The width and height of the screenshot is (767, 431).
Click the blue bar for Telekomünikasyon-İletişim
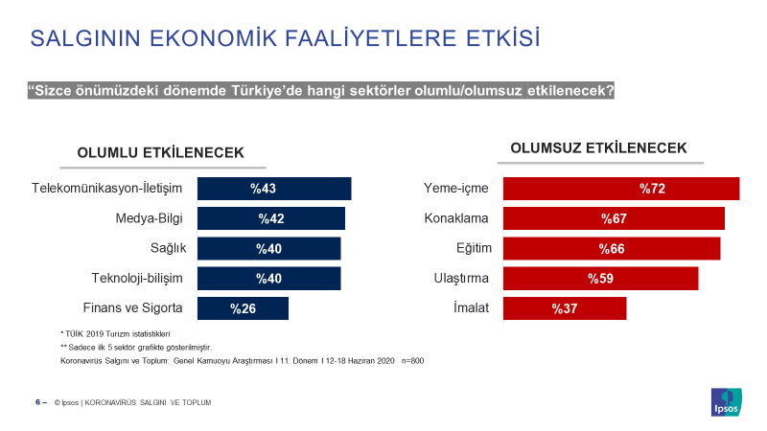[x=274, y=189]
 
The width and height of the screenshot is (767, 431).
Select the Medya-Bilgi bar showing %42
[x=271, y=218]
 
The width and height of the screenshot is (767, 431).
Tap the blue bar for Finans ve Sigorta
[x=244, y=308]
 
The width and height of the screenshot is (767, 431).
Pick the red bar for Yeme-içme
[x=621, y=189]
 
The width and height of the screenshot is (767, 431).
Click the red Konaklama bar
[x=614, y=218]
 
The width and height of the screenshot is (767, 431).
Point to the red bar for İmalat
[x=565, y=308]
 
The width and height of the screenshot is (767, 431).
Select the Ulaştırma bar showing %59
[x=601, y=279]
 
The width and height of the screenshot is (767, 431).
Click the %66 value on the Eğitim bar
[x=612, y=249]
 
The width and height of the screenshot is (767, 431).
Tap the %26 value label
[x=244, y=308]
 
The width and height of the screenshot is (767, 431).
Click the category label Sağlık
[x=169, y=248]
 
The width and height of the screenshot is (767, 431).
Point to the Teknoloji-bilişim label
[x=137, y=279]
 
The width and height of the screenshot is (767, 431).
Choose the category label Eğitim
[x=474, y=248]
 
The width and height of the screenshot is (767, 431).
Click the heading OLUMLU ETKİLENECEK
[x=160, y=153]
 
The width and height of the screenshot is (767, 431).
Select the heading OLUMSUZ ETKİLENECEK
[x=598, y=148]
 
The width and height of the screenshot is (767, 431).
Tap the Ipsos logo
[x=727, y=402]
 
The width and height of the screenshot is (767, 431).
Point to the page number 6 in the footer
[x=37, y=402]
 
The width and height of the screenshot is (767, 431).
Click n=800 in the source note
[x=412, y=361]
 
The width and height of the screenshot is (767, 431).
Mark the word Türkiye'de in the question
[x=267, y=91]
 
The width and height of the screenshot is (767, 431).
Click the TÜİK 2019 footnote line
[x=115, y=334]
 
